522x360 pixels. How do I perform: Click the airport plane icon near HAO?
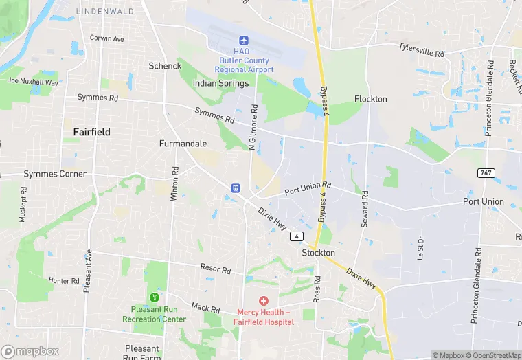click(x=243, y=41)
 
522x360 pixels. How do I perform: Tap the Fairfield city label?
click(x=92, y=131)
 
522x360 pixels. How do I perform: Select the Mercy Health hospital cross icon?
click(x=263, y=301)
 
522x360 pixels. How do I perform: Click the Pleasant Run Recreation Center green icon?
click(x=155, y=297)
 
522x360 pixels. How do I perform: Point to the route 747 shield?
click(x=486, y=172)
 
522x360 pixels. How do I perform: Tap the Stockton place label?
click(x=319, y=253)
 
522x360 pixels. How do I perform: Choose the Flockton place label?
click(x=371, y=99)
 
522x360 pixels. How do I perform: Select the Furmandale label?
click(x=183, y=144)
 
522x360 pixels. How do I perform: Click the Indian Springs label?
click(x=221, y=83)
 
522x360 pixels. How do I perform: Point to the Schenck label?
click(x=165, y=66)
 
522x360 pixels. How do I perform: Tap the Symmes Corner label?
click(x=55, y=174)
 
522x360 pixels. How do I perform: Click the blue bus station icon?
click(x=236, y=188)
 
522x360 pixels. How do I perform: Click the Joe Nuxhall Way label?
click(x=33, y=81)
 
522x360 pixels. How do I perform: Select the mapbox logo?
click(x=30, y=351)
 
